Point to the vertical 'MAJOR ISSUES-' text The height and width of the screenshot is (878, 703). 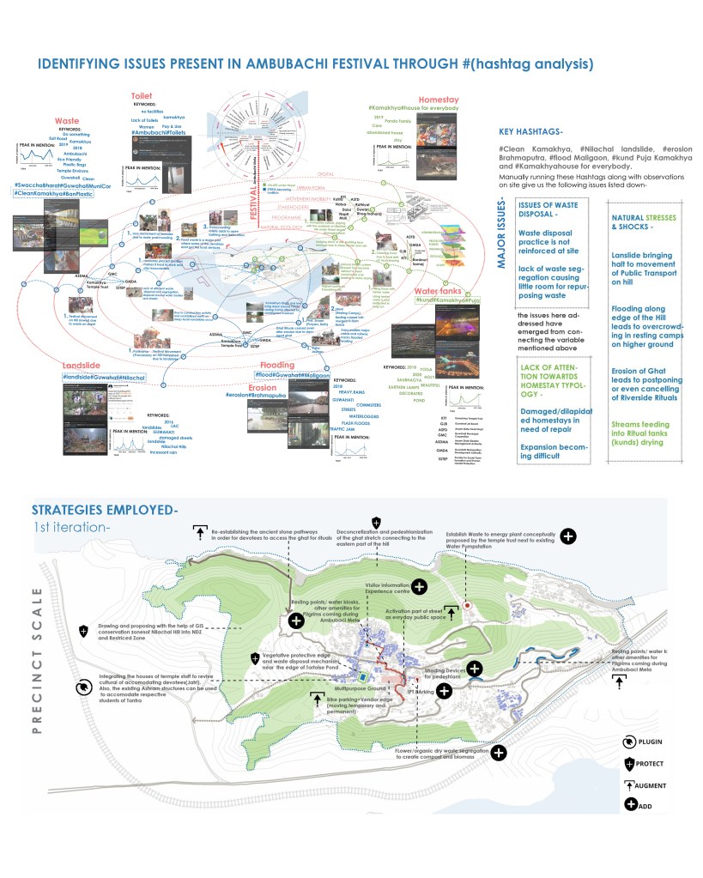(x=501, y=243)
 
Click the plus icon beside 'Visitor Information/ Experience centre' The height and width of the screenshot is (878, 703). (x=419, y=587)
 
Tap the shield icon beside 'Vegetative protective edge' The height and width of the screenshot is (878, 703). (x=255, y=658)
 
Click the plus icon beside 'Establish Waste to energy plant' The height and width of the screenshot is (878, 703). (x=568, y=536)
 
